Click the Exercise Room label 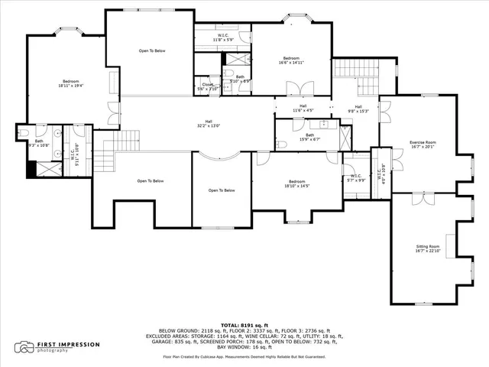click(x=422, y=145)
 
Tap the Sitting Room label click(x=428, y=250)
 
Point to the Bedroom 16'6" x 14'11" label click(x=292, y=61)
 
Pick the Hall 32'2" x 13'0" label click(x=204, y=123)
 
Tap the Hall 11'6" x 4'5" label click(x=303, y=109)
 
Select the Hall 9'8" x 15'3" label click(x=358, y=109)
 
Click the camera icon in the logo click(x=25, y=347)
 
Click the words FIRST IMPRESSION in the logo click(x=69, y=345)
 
